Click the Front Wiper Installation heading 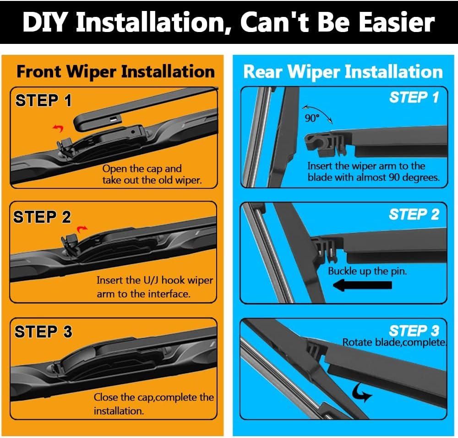[116, 72]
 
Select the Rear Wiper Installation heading [343, 72]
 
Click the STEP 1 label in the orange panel [43, 100]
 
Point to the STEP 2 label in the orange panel [42, 217]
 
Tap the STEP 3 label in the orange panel [43, 331]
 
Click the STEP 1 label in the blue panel [414, 97]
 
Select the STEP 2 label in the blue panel [414, 214]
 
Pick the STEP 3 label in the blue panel [414, 331]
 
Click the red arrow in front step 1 [59, 128]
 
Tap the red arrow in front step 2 [82, 229]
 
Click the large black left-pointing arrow [362, 285]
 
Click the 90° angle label [312, 118]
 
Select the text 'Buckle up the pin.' [367, 271]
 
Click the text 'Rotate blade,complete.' [394, 342]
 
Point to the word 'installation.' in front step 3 [119, 411]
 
